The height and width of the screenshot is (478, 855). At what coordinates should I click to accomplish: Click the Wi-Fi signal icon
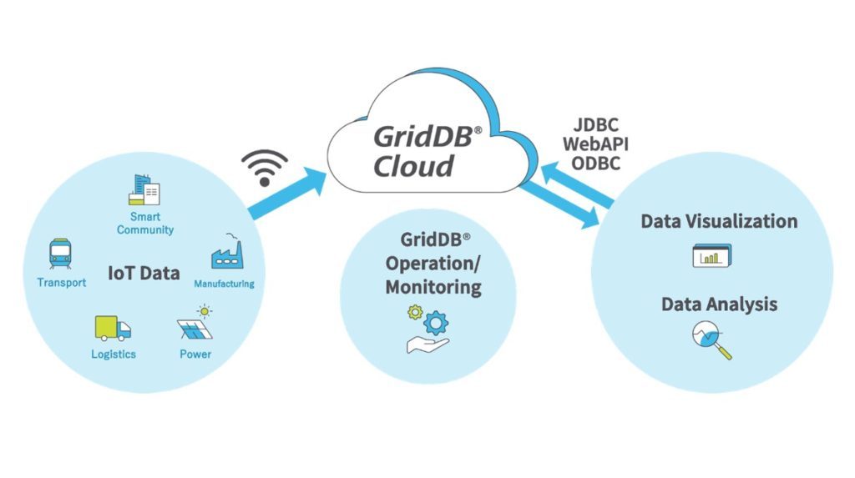pyautogui.click(x=265, y=167)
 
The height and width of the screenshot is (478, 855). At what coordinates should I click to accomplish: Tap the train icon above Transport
pyautogui.click(x=61, y=254)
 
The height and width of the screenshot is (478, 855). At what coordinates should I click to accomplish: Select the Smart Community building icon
pyautogui.click(x=144, y=190)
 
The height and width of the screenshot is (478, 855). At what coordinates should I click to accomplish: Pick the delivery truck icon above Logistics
pyautogui.click(x=113, y=328)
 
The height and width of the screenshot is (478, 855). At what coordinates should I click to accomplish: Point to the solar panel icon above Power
pyautogui.click(x=196, y=325)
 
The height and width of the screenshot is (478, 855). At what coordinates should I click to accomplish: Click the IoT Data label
pyautogui.click(x=144, y=273)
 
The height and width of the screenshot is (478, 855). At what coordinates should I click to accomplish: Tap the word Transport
pyautogui.click(x=61, y=283)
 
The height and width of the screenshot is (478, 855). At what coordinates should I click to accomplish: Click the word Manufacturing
pyautogui.click(x=224, y=284)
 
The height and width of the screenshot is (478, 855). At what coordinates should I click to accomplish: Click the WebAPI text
pyautogui.click(x=595, y=144)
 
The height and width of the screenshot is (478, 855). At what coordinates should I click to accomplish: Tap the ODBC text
pyautogui.click(x=595, y=164)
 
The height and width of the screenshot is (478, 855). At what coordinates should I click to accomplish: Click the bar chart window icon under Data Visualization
pyautogui.click(x=712, y=256)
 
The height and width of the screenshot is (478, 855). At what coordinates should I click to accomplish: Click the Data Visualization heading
pyautogui.click(x=719, y=221)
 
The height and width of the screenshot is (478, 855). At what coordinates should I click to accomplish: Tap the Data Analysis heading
pyautogui.click(x=719, y=304)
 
